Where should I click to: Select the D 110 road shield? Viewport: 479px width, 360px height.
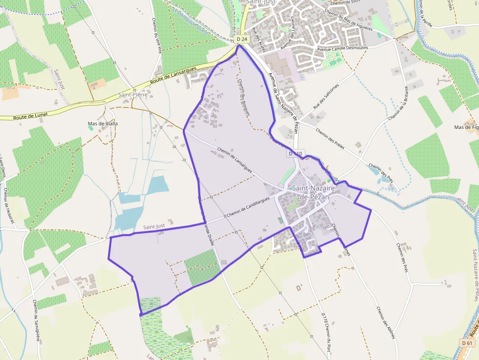point(296,153)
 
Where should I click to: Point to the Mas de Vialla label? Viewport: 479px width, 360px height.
point(103,124)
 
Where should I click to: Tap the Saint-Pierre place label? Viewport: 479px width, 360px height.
point(133,94)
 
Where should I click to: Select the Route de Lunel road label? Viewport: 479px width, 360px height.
point(30,116)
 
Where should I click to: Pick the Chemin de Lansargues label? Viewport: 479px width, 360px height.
point(235,160)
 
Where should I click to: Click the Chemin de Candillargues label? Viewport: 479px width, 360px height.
point(248,210)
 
